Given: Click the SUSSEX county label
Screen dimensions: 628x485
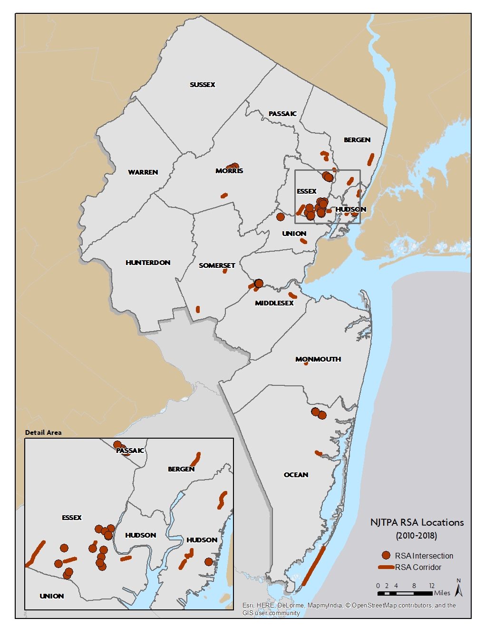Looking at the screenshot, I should click(203, 85).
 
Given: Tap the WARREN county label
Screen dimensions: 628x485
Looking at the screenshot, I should click(143, 172).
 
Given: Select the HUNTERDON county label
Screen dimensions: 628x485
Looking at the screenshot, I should click(148, 263).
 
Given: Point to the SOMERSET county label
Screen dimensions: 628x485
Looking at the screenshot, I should click(217, 265).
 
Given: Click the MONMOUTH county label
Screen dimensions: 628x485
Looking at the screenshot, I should click(318, 359).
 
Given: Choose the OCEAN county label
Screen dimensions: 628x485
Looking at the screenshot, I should click(296, 475).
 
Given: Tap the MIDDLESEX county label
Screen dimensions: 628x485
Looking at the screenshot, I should click(274, 303).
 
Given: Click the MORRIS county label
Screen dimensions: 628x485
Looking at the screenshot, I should click(229, 171).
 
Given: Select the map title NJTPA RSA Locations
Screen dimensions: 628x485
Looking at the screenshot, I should click(417, 522).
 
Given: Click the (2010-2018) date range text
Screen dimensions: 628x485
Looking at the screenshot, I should click(417, 536).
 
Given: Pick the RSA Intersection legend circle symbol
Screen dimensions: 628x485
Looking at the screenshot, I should click(386, 555).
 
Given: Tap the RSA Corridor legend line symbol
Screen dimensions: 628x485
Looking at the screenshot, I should click(386, 567).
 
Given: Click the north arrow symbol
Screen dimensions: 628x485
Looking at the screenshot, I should click(458, 588).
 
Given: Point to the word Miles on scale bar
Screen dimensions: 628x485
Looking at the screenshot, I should click(442, 593).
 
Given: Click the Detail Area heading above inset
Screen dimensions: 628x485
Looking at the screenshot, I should click(43, 432).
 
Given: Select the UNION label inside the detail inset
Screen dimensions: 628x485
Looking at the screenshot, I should click(52, 596).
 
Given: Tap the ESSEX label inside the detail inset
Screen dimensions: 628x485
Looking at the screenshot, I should click(72, 518).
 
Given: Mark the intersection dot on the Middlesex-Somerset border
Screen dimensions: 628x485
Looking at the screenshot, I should click(259, 284).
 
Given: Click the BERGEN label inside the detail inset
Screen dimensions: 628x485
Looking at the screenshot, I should click(181, 469).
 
